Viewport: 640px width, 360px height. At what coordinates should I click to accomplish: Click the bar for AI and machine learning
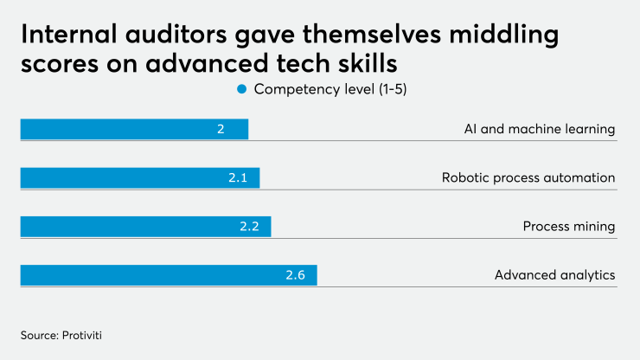pos(134,129)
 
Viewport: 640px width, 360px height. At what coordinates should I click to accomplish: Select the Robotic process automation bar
pos(139,177)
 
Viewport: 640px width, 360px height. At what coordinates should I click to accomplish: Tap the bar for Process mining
pos(145,226)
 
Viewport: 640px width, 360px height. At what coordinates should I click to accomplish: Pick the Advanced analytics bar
pos(169,275)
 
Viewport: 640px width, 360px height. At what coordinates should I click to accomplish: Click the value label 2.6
pos(296,275)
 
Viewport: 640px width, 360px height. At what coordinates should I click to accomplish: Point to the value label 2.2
pos(250,226)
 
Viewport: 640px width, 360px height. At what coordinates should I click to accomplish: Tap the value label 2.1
pos(238,177)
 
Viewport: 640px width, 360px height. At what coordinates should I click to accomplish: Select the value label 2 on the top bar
pos(221,129)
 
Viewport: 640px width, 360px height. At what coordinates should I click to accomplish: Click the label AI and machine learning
pos(539,129)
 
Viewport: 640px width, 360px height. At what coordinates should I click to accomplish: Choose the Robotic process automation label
pos(528,177)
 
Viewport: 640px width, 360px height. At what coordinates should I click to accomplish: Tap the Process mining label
pos(568,226)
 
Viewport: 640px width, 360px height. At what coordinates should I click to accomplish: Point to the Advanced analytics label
pos(554,275)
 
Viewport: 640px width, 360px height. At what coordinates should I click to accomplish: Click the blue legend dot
pos(242,89)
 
